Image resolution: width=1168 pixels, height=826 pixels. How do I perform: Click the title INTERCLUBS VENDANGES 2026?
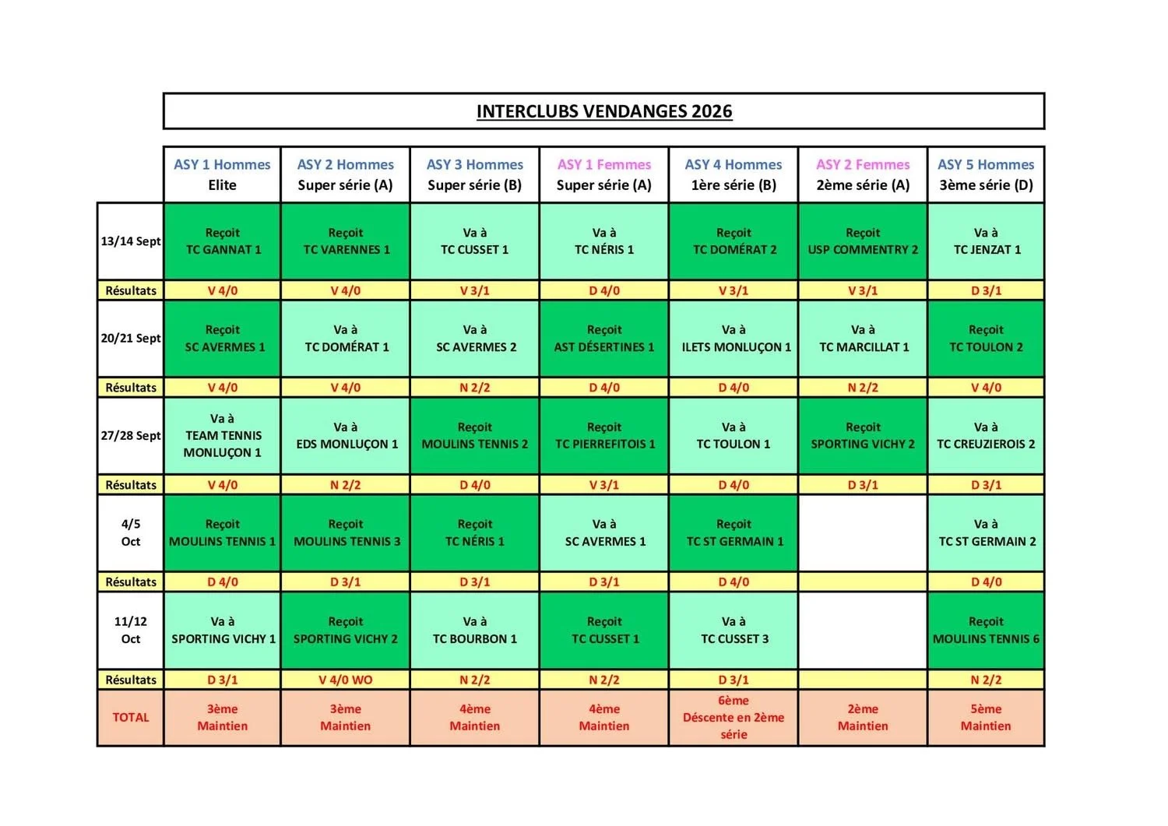(x=603, y=111)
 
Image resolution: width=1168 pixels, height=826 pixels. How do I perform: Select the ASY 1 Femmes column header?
(x=603, y=174)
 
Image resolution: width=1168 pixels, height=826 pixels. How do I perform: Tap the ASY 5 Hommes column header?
(x=986, y=174)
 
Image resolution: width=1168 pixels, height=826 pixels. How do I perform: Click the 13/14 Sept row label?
(x=130, y=241)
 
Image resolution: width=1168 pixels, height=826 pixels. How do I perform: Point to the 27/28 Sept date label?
(x=130, y=435)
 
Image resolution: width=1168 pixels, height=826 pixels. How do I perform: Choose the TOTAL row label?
(x=130, y=718)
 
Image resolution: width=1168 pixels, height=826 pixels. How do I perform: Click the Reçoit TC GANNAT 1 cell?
(x=222, y=241)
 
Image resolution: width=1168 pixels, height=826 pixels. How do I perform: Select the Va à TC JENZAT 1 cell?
(x=986, y=241)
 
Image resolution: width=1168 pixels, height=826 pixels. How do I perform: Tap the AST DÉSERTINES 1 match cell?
(x=603, y=339)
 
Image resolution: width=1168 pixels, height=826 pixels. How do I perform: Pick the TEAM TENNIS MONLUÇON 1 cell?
(x=222, y=435)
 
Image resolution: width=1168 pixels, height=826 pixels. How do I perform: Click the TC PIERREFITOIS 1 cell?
(x=603, y=435)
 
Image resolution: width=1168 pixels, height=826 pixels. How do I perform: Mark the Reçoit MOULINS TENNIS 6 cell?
(x=986, y=631)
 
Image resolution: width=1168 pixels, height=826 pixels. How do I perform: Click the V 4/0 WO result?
(x=345, y=680)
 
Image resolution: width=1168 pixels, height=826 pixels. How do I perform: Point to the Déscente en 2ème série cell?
(x=734, y=718)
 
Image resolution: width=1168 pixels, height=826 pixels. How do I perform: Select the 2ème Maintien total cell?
(x=863, y=718)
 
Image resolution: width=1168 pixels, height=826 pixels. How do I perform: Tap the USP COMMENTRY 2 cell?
(x=863, y=241)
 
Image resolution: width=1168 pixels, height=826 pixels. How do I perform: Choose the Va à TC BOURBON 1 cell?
(x=474, y=631)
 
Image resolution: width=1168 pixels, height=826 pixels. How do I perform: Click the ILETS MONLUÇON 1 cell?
(x=734, y=339)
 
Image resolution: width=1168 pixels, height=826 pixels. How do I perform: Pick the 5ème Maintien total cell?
(x=986, y=718)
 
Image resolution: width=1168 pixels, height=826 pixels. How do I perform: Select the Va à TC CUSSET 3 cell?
(x=734, y=631)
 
